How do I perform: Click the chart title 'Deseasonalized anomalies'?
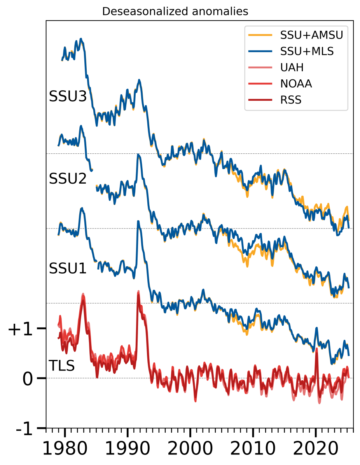(x=175, y=12)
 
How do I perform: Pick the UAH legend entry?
(x=292, y=67)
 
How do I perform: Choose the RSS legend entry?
(x=290, y=100)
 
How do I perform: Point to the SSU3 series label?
(x=67, y=97)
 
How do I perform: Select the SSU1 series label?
(x=67, y=268)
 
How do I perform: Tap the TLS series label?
(x=61, y=366)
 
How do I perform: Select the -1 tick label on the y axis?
(x=24, y=429)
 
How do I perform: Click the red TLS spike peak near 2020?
(x=316, y=349)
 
